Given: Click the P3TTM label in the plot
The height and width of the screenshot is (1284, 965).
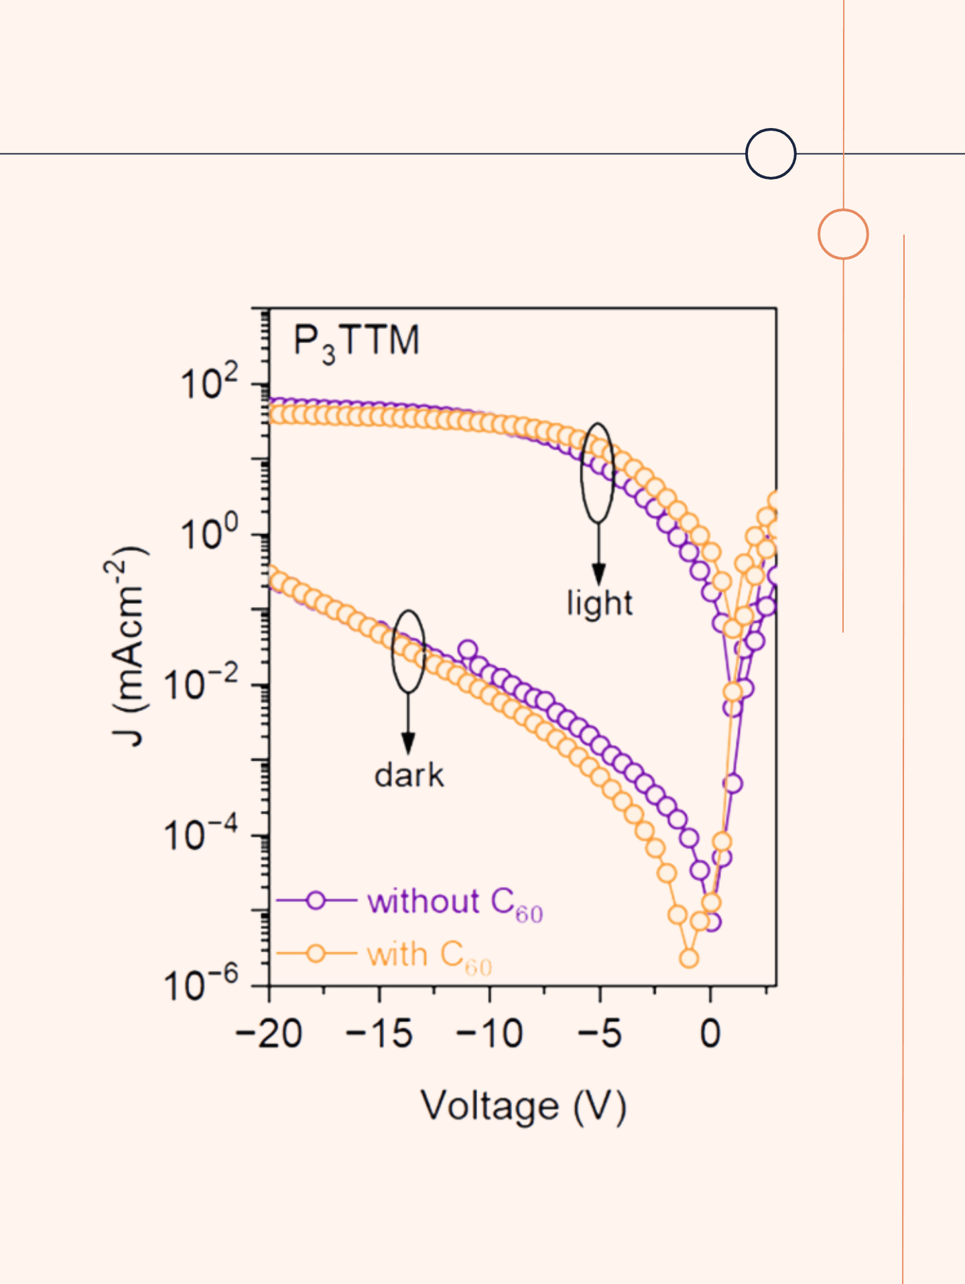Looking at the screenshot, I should (x=356, y=342).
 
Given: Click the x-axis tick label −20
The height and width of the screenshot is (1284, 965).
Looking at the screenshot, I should (x=269, y=1034).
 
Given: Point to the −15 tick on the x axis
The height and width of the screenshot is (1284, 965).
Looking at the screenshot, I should (x=379, y=1034).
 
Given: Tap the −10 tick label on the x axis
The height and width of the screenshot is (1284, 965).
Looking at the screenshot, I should (x=489, y=1034).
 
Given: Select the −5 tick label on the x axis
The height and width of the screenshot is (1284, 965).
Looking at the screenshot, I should (x=600, y=1034).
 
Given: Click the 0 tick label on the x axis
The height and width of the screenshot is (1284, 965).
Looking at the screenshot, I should (x=710, y=1034).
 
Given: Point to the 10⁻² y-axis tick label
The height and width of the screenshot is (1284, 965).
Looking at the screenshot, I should (x=201, y=685).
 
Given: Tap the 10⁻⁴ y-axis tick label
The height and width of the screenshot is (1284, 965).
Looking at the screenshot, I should (x=201, y=836).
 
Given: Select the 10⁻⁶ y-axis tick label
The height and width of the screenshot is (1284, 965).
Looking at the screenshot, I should (x=201, y=986).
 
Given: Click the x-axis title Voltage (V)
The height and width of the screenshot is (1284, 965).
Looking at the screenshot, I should (x=523, y=1106).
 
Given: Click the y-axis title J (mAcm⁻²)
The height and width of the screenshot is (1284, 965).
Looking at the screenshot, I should (x=127, y=646).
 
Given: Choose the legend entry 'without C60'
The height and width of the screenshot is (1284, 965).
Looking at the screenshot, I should (x=454, y=902).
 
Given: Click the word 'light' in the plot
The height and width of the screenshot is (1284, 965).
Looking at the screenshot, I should (x=599, y=603).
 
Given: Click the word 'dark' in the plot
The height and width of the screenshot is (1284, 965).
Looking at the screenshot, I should (x=409, y=775).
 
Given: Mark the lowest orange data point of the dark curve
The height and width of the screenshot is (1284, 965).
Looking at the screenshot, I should (x=688, y=958).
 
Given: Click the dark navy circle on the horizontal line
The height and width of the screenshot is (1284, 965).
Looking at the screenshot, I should (x=771, y=153).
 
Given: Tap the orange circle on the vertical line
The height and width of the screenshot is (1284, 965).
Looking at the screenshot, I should (x=843, y=234).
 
